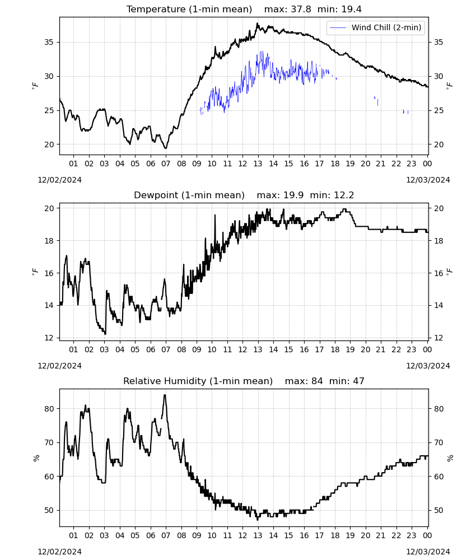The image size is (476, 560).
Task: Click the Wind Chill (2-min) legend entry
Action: point(375,27)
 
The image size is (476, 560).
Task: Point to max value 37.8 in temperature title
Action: point(301,9)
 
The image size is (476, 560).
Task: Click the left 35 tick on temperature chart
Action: point(49,42)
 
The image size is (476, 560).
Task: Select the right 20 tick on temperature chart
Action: point(438,144)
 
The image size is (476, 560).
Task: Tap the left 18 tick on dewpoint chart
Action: point(49,241)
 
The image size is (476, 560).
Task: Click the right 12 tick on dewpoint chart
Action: point(438,338)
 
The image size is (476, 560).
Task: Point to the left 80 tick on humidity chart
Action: point(49,409)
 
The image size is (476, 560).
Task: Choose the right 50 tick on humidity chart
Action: point(438,510)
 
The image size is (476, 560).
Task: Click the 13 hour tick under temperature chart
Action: point(258,164)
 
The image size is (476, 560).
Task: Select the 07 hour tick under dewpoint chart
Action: point(166,349)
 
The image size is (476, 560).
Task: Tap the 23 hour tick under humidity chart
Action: point(412,535)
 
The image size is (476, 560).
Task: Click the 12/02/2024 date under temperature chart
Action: point(59,180)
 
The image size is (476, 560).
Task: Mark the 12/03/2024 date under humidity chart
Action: point(428,552)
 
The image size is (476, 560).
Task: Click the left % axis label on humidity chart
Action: point(36,458)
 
